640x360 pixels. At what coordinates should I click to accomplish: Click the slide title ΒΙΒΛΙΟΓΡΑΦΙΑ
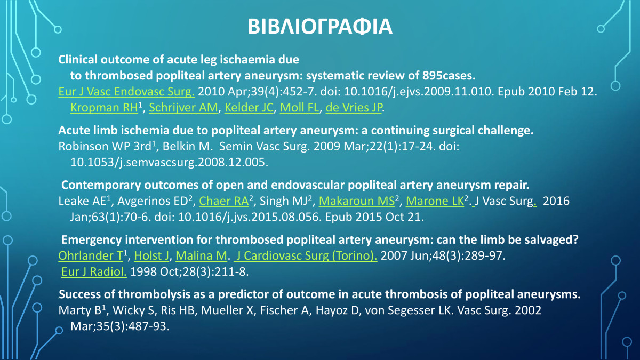point(320,26)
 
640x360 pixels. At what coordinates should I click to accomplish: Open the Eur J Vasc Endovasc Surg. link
point(126,92)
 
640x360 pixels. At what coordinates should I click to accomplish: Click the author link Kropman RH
point(104,108)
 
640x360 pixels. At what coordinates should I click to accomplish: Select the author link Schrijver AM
point(184,108)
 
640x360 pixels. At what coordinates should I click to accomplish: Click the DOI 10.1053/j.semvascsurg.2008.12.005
point(169,162)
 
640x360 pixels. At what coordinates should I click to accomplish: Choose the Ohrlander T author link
point(91,256)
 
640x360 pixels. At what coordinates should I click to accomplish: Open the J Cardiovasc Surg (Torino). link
point(307,256)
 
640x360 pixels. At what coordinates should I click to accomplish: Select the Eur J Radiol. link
point(94,272)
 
